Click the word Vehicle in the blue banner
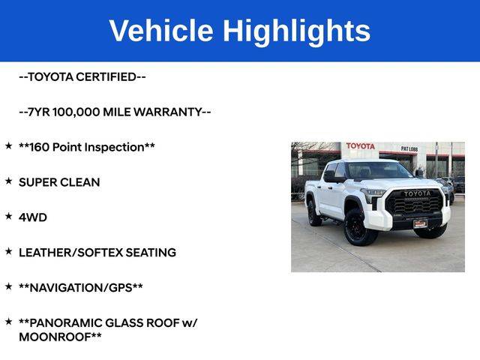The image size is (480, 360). (161, 30)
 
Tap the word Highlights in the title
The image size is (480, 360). (297, 32)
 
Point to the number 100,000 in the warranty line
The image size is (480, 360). (76, 112)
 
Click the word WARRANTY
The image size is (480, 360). (168, 112)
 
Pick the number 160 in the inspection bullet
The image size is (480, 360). (40, 147)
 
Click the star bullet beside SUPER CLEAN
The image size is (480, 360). (8, 181)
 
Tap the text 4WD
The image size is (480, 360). (33, 217)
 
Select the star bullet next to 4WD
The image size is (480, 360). (8, 216)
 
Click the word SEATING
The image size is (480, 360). (151, 253)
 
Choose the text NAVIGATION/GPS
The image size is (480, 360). (81, 288)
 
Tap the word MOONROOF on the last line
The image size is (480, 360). (55, 337)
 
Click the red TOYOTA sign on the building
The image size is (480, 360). (360, 146)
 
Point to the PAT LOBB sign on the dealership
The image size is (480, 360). (409, 148)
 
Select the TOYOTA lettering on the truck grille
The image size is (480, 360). (417, 193)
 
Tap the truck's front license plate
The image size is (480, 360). (420, 224)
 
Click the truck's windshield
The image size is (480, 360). (379, 170)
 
